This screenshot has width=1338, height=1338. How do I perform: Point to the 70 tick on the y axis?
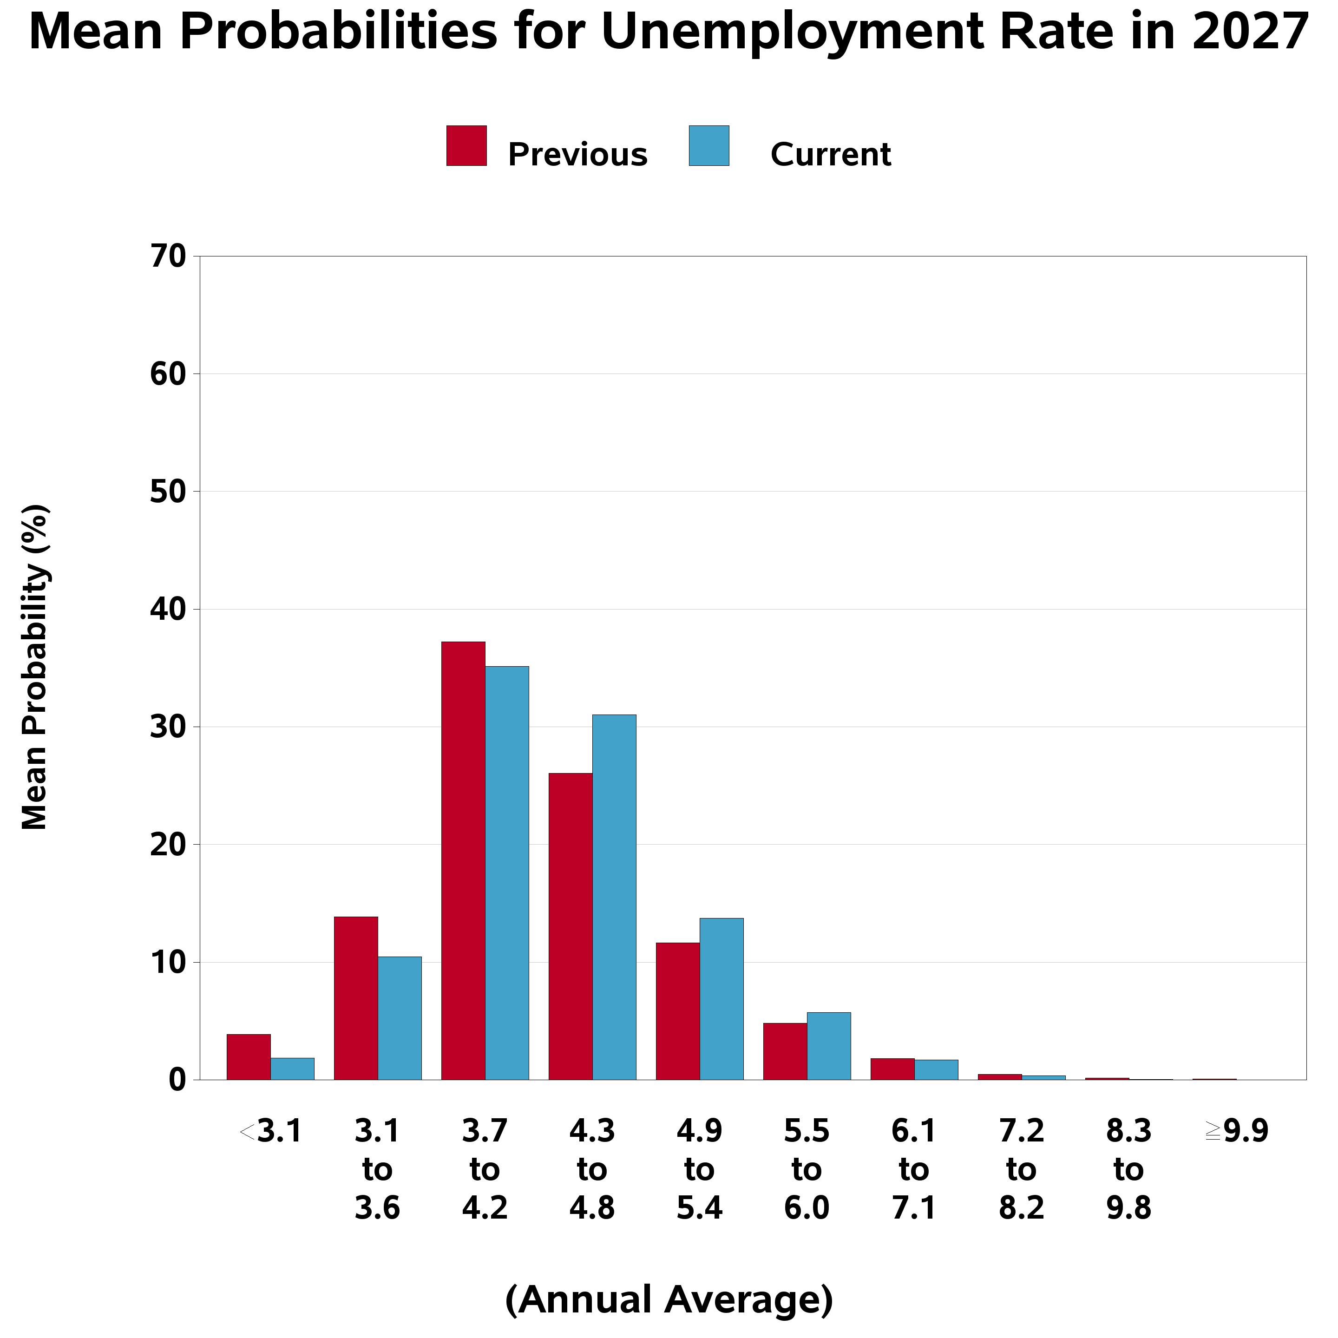[168, 257]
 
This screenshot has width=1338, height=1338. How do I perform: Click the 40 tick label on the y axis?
[168, 610]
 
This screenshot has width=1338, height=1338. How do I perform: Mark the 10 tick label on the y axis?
[168, 963]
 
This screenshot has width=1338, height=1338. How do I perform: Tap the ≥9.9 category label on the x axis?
[1237, 1132]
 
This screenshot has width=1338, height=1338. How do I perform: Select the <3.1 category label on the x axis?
[271, 1132]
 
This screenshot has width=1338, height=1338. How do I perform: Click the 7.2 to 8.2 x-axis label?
[1022, 1170]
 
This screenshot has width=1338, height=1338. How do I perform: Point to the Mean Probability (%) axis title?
[35, 667]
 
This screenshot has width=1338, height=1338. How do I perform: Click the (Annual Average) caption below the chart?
[669, 1300]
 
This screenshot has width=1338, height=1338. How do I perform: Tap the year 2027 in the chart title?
[1250, 32]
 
